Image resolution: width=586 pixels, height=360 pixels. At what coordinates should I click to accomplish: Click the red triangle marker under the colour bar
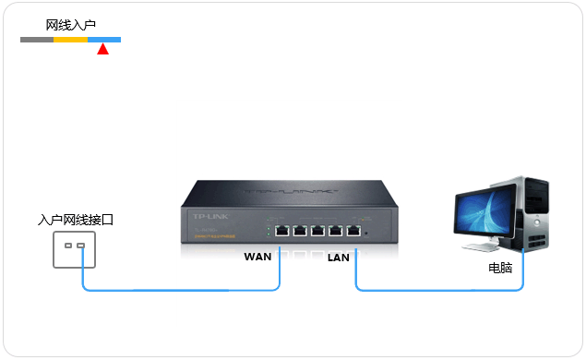(x=102, y=49)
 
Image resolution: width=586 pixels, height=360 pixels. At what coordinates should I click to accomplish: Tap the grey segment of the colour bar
(x=37, y=40)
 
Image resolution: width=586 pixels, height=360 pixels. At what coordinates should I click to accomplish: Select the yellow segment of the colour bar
(x=70, y=40)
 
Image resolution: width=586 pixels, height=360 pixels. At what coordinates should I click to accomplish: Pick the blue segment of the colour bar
(x=103, y=40)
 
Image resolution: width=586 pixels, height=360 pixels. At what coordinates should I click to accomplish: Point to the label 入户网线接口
(x=76, y=221)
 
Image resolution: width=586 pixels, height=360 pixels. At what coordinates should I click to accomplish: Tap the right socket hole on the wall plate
(x=81, y=246)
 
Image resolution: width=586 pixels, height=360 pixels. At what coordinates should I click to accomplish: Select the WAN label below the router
(x=257, y=256)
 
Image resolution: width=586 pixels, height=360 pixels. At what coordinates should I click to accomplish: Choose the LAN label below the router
(x=339, y=258)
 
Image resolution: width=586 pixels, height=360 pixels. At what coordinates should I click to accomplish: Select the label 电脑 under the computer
(x=500, y=269)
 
